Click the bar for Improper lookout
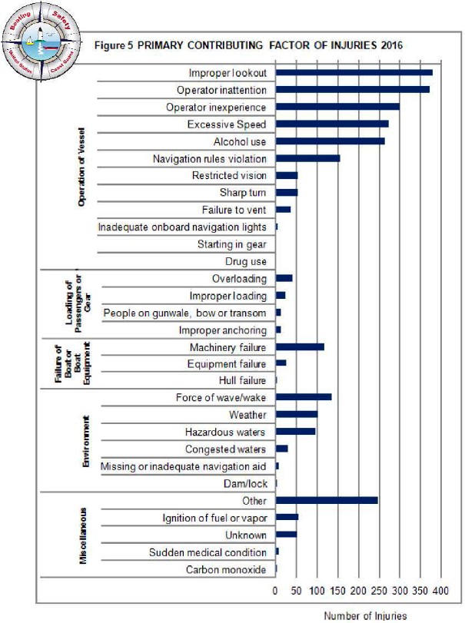coord(354,73)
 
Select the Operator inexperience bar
coord(337,107)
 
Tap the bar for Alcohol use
coord(330,141)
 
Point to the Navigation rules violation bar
coord(307,158)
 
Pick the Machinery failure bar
coord(300,347)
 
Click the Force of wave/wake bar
coord(304,397)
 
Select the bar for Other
coord(327,501)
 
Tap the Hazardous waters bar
coord(295,432)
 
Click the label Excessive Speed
coord(227,124)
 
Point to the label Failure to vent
coord(234,210)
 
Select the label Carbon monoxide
coord(226,570)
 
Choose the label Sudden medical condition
coord(208,552)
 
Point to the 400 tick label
coord(439,592)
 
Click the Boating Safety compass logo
coord(41,41)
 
